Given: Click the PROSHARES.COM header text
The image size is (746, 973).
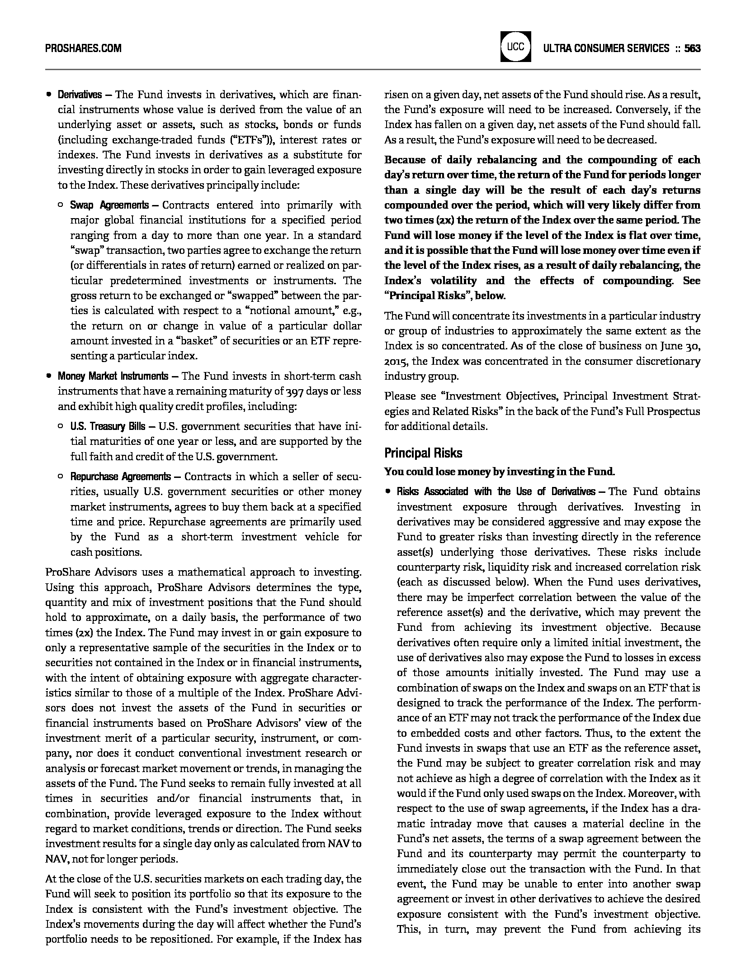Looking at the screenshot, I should pyautogui.click(x=83, y=48).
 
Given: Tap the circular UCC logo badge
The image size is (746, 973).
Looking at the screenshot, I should pyautogui.click(x=515, y=47).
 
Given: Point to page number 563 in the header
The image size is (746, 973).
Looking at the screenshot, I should pyautogui.click(x=692, y=48).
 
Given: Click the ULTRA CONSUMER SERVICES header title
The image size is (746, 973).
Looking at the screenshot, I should pyautogui.click(x=606, y=48).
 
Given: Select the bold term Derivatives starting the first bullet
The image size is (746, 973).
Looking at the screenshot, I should pyautogui.click(x=80, y=95).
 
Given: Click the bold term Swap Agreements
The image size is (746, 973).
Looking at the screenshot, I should pyautogui.click(x=109, y=205).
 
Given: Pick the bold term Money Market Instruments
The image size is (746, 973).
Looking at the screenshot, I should pyautogui.click(x=113, y=376).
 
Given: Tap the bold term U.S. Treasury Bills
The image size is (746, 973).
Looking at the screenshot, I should pyautogui.click(x=108, y=426).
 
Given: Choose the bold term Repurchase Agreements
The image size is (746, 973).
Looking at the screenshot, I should pyautogui.click(x=120, y=477).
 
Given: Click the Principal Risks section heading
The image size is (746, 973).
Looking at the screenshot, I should pyautogui.click(x=423, y=453).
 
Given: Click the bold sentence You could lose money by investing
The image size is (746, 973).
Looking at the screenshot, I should pyautogui.click(x=499, y=472).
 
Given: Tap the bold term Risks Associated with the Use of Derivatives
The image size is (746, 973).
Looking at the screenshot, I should pyautogui.click(x=496, y=492).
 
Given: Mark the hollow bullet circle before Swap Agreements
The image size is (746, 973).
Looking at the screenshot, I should pyautogui.click(x=61, y=205).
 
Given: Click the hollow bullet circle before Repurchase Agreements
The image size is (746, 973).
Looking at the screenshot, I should pyautogui.click(x=61, y=477).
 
